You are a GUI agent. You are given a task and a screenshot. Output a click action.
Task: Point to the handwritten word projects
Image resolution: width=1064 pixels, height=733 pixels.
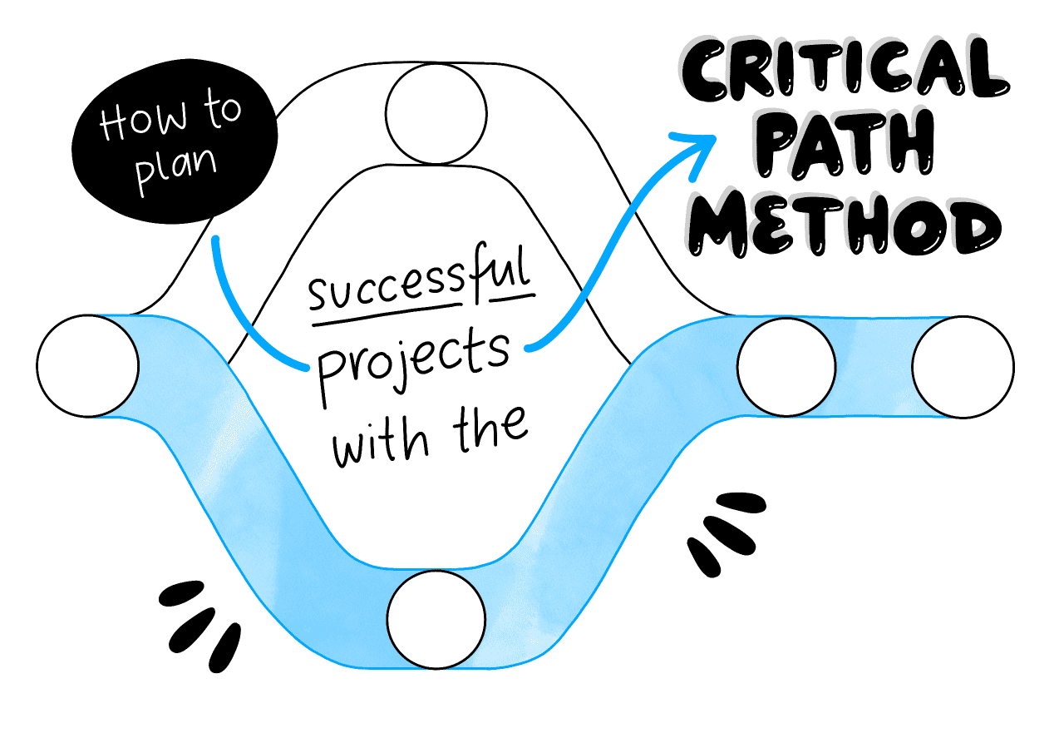(x=414, y=366)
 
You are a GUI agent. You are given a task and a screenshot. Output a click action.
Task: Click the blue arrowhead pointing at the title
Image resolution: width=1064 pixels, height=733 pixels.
(x=697, y=151)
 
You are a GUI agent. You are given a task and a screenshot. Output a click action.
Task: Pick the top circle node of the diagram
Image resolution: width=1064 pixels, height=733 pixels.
(x=436, y=114)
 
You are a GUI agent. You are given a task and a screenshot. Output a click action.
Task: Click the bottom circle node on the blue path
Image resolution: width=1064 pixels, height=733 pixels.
(x=436, y=620)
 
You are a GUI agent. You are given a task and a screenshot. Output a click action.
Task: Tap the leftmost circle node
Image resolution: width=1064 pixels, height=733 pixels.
(x=87, y=366)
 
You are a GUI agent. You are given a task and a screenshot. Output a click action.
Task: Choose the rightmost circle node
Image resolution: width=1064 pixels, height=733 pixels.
(x=963, y=367)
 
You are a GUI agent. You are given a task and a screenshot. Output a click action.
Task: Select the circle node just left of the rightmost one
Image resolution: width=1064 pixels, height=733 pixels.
(x=786, y=367)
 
